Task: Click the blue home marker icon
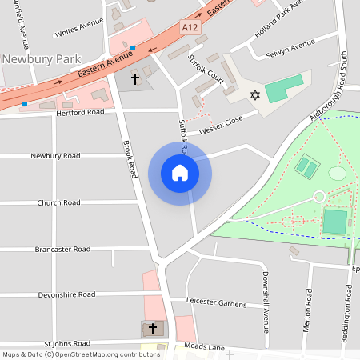tap(180, 173)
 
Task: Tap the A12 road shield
tap(190, 27)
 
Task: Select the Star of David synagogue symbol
tap(256, 95)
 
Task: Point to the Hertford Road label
tap(80, 113)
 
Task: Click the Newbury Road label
tap(56, 155)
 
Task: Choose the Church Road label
tap(58, 202)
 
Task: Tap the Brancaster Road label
tap(62, 249)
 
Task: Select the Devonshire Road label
tap(66, 294)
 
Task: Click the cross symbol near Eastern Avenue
tap(134, 78)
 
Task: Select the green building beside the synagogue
tap(285, 88)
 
